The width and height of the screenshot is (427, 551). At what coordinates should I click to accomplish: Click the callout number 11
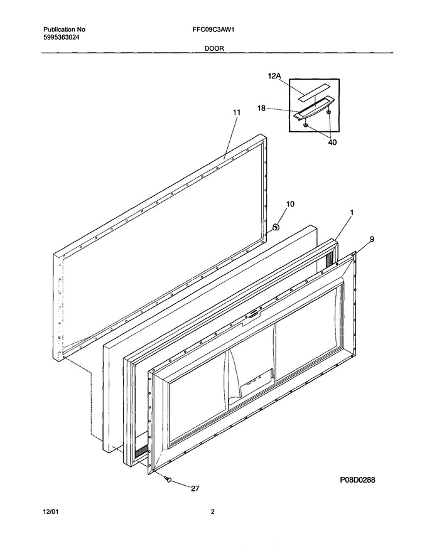(x=237, y=112)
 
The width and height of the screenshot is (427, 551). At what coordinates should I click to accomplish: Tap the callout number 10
(x=291, y=204)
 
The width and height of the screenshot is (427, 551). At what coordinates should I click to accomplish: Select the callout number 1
(x=352, y=212)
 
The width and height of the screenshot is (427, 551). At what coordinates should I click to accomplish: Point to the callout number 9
(x=372, y=239)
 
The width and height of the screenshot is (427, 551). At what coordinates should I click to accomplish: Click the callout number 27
(x=195, y=488)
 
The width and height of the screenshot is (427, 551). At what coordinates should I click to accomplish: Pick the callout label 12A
(x=274, y=75)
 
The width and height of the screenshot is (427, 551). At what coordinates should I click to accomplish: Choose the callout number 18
(x=261, y=108)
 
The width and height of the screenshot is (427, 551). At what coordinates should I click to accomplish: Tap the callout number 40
(x=332, y=142)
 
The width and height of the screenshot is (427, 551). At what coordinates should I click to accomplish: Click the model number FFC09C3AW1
(x=211, y=30)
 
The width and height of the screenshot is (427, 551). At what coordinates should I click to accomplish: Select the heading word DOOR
(x=214, y=48)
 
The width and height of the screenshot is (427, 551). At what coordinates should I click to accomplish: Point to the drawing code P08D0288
(x=357, y=479)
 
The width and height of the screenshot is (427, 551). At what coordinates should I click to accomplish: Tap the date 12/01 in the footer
(x=51, y=511)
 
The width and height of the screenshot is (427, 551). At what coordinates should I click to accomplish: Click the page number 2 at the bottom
(x=212, y=511)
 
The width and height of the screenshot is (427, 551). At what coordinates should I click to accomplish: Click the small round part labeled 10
(x=276, y=227)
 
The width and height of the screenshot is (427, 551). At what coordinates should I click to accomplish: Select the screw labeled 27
(x=170, y=478)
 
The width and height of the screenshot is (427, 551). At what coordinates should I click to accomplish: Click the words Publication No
(x=64, y=30)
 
